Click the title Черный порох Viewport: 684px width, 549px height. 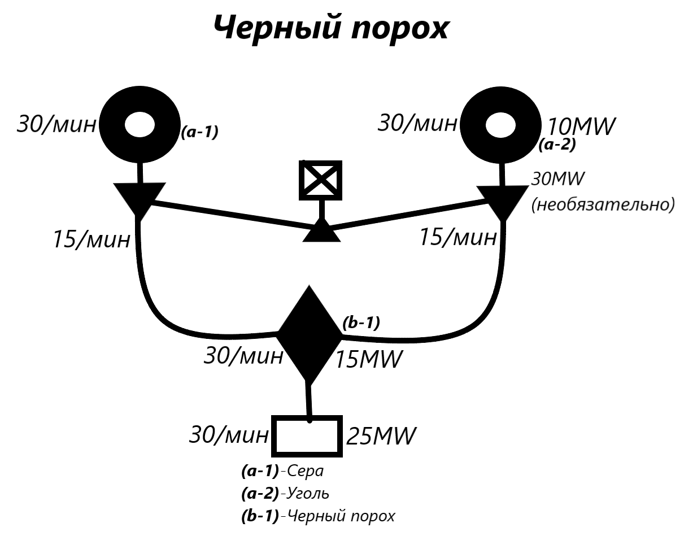click(x=332, y=27)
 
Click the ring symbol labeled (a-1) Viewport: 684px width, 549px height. click(x=140, y=125)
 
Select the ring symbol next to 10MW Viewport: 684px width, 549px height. click(x=501, y=125)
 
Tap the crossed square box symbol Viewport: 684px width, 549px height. click(x=320, y=180)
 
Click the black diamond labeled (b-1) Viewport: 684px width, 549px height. click(x=308, y=335)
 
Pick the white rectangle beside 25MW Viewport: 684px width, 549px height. click(x=308, y=436)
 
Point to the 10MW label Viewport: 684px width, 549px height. click(x=582, y=126)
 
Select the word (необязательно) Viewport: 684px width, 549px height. click(x=603, y=204)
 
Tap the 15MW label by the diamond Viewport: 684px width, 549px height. click(x=368, y=359)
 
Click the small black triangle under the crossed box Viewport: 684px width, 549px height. click(x=321, y=232)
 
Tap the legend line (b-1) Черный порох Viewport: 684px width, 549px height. click(x=318, y=516)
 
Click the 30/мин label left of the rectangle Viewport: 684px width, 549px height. click(x=228, y=435)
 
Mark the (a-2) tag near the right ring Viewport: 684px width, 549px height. click(x=557, y=145)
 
